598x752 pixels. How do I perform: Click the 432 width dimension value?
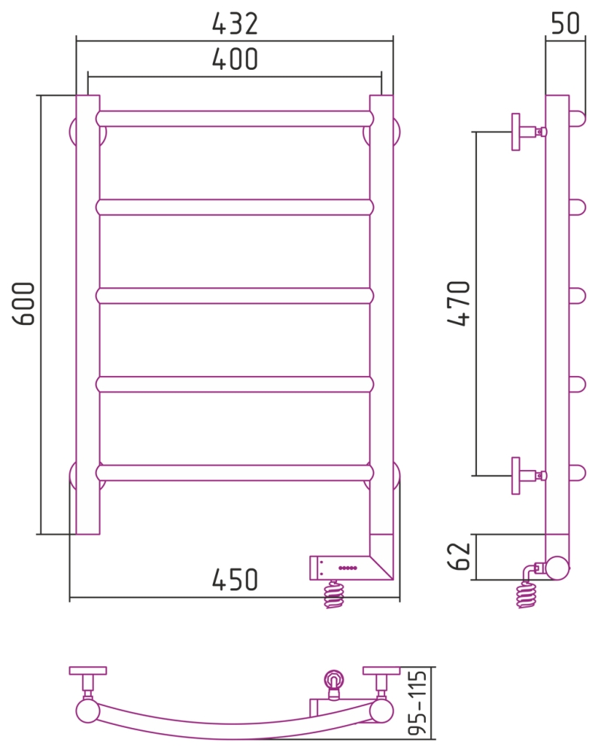point(235,23)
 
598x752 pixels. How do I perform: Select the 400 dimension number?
point(235,59)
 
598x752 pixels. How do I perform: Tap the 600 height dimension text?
point(24,304)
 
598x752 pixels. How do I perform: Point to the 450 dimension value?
point(235,579)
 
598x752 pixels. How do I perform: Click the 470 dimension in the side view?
point(459,303)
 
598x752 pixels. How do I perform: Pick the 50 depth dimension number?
point(566,23)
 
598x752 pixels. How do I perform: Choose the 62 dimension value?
point(459,556)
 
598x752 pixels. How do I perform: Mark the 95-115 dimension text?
point(417,703)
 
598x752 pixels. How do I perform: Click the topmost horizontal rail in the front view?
point(235,119)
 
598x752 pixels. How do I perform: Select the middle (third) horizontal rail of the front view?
point(235,296)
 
